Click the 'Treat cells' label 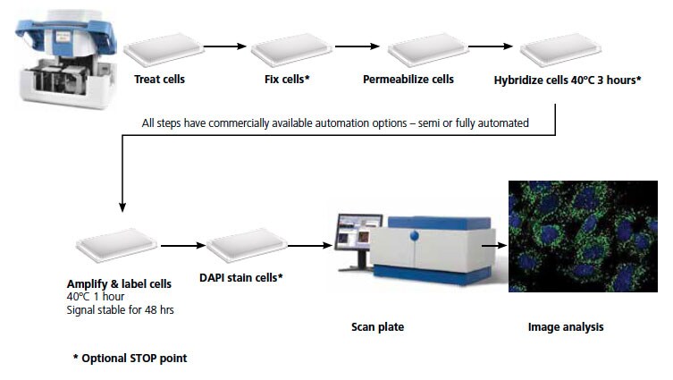click(x=159, y=80)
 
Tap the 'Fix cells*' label click(x=287, y=80)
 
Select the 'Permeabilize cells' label click(x=408, y=80)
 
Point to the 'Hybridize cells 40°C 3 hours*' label click(x=568, y=80)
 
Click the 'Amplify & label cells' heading click(x=119, y=283)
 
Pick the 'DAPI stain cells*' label click(x=241, y=278)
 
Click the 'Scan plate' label click(x=378, y=327)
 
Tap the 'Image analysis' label click(x=566, y=327)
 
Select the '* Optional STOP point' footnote click(x=130, y=359)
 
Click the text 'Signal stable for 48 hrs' click(x=120, y=310)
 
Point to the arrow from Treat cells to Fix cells click(x=225, y=46)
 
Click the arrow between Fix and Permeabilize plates click(x=358, y=46)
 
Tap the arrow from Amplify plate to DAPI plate click(x=183, y=246)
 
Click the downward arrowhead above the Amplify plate click(x=122, y=207)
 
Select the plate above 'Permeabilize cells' click(x=428, y=50)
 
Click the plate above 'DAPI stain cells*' click(x=247, y=245)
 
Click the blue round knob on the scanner click(x=414, y=235)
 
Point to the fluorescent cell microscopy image click(x=583, y=237)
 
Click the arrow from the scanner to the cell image click(x=494, y=246)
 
